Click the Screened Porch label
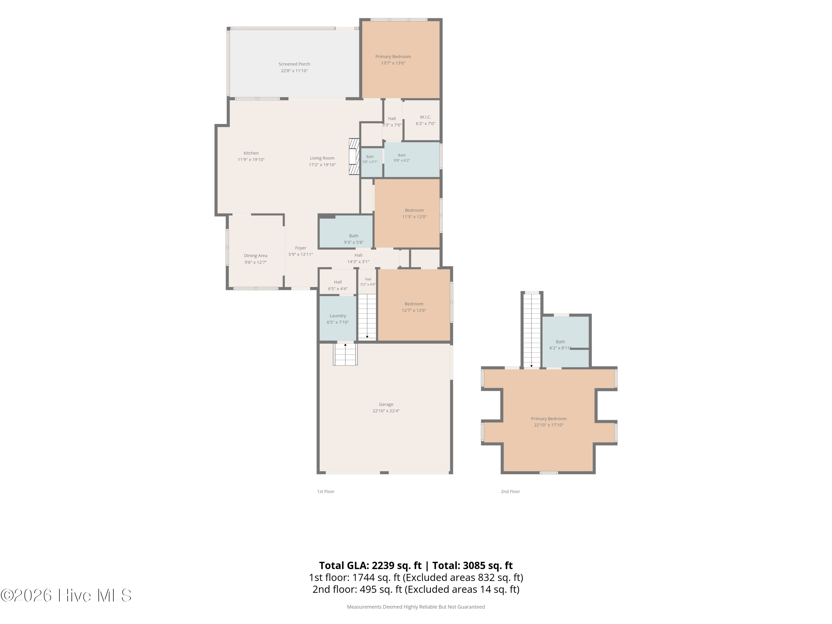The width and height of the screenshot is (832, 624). click(294, 64)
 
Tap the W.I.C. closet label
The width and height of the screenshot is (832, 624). click(425, 117)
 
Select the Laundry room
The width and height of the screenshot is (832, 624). click(338, 318)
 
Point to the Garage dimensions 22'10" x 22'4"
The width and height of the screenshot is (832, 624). click(386, 411)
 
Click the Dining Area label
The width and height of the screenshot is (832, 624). click(256, 256)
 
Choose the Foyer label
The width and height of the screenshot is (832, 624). click(301, 248)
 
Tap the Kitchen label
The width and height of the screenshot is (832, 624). click(251, 153)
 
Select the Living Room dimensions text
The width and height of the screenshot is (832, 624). click(322, 165)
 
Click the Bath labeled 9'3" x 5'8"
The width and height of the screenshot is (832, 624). click(346, 232)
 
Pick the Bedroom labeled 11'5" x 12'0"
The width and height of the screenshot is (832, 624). click(407, 213)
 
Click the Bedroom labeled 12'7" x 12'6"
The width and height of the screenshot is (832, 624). click(414, 305)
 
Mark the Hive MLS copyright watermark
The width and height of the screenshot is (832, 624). click(66, 595)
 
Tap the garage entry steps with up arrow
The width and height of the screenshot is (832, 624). click(345, 354)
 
